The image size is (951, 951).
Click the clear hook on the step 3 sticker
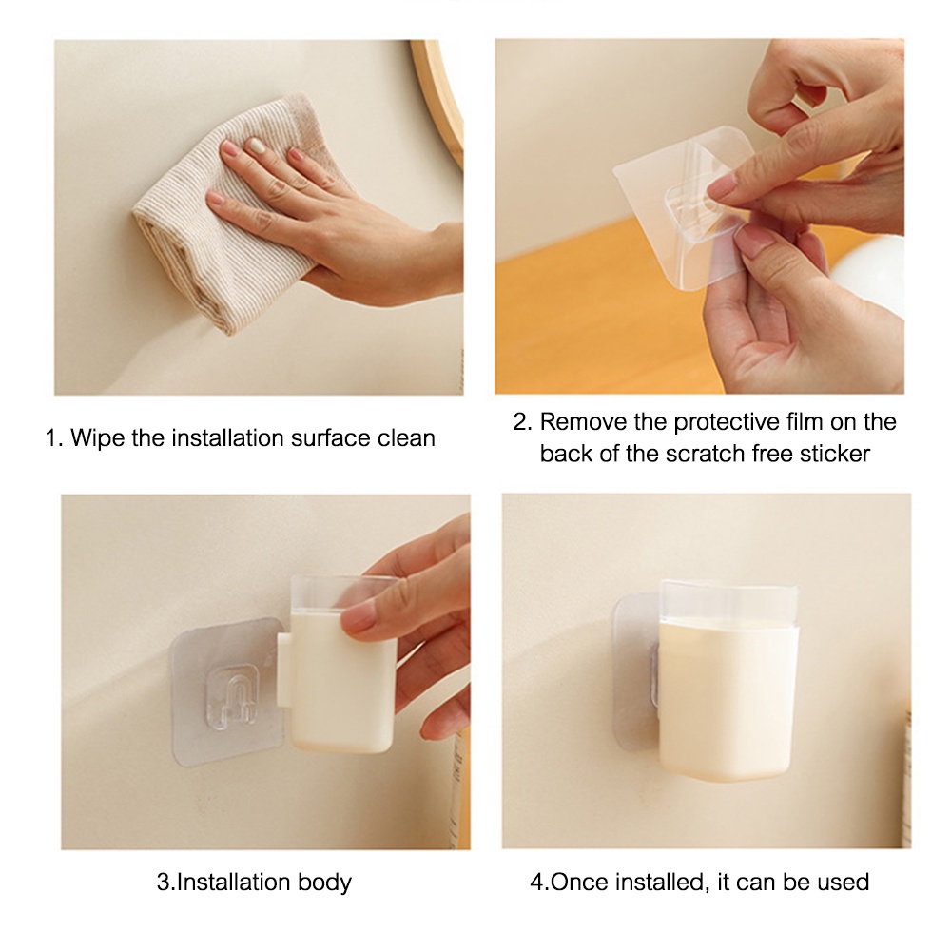[230, 696]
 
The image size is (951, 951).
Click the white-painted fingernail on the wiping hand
[257, 146]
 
